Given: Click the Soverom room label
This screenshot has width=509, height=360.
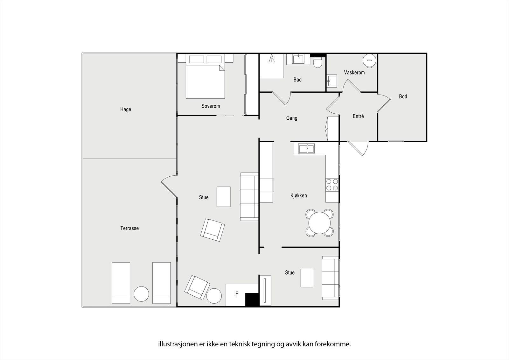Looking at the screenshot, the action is click(x=211, y=106).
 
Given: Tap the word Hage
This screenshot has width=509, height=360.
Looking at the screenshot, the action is click(x=126, y=109).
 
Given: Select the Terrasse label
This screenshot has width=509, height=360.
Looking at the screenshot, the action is click(x=129, y=228).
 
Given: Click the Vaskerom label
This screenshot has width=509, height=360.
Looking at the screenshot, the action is click(x=354, y=73).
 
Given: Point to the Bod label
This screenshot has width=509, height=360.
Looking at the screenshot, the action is click(x=403, y=96).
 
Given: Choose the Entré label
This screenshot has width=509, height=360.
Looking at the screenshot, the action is click(x=358, y=116).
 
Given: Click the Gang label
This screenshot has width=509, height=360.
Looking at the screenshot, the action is click(x=292, y=118).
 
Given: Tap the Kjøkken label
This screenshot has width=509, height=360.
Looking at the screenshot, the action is click(x=299, y=195).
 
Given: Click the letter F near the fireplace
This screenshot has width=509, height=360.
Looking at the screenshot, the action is click(x=237, y=294).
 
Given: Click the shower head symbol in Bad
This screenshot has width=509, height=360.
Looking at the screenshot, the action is click(x=272, y=58).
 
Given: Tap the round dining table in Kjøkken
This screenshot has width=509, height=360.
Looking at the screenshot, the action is click(x=319, y=223).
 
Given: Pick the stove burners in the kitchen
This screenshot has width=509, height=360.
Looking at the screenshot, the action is click(x=332, y=185).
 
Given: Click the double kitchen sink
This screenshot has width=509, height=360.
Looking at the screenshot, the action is click(x=307, y=149).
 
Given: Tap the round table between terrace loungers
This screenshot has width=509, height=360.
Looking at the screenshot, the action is click(x=141, y=294).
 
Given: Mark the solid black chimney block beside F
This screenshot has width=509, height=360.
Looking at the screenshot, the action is click(x=252, y=300).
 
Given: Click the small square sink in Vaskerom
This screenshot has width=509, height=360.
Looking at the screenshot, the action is click(x=332, y=81).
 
